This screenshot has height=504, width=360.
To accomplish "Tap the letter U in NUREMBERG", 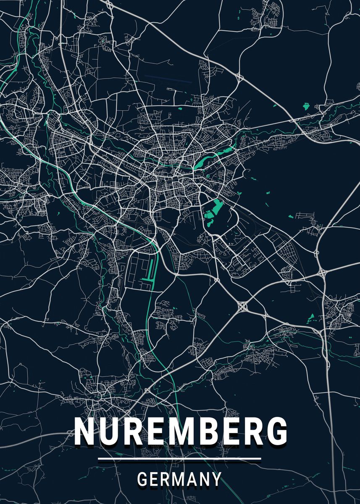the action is (x=109, y=432).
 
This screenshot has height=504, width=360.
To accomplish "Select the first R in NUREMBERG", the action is (x=133, y=432).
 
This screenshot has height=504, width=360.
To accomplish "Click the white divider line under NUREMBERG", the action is (x=179, y=459).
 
